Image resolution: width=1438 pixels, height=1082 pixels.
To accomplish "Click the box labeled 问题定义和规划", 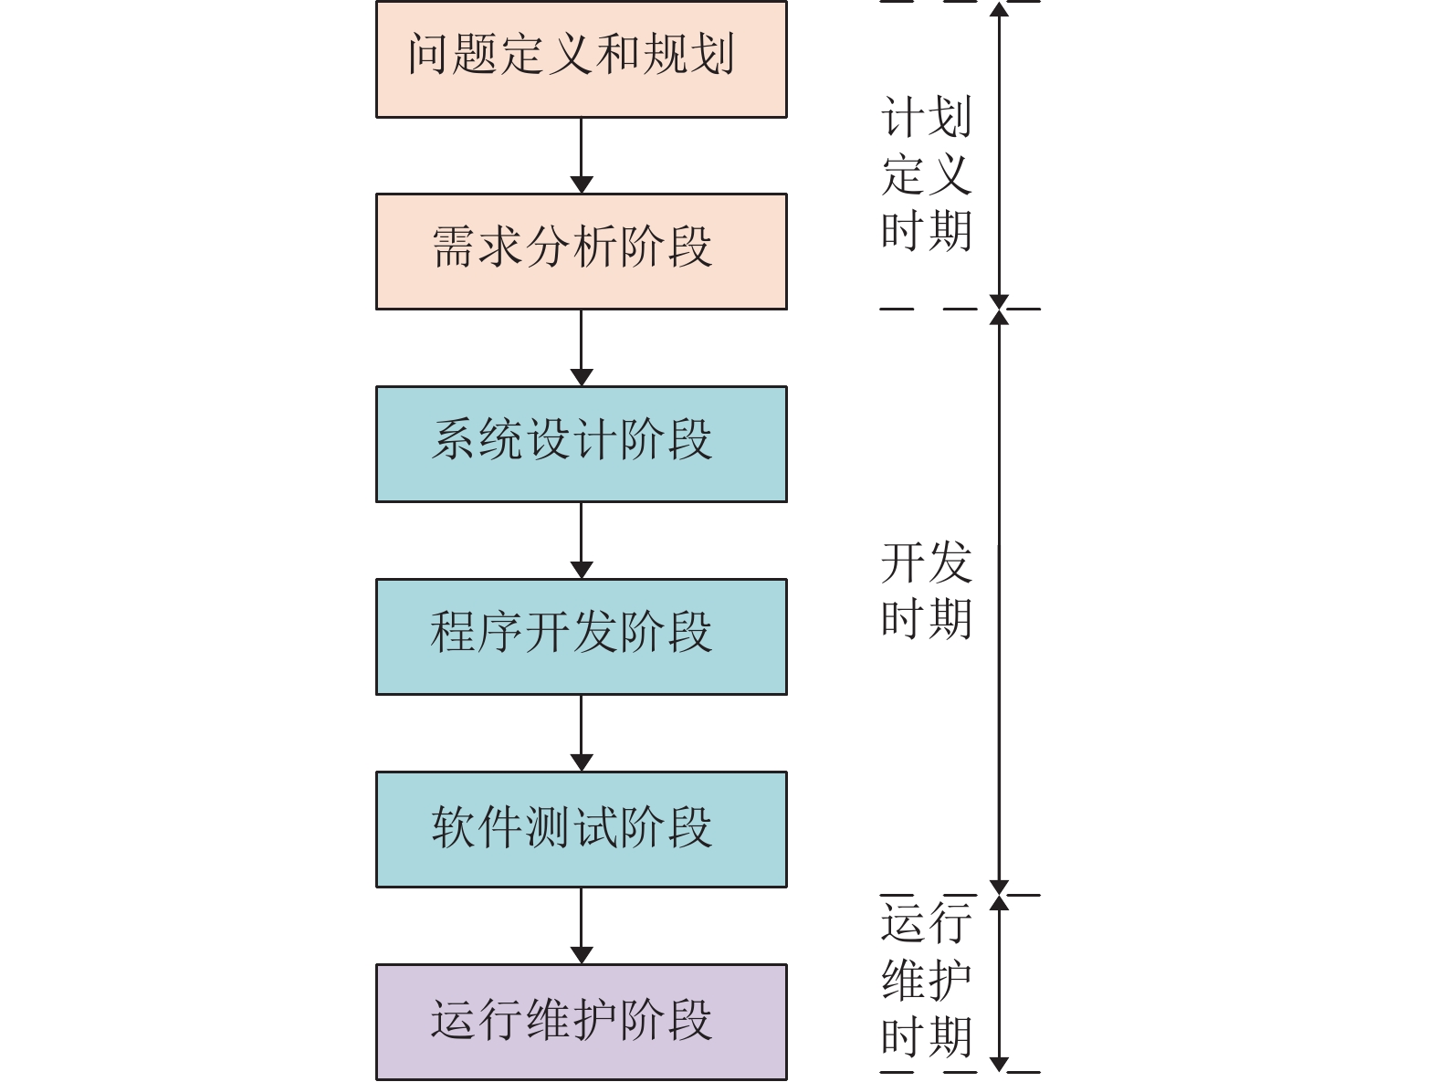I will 581,59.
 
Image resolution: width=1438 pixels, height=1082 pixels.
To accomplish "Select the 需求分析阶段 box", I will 581,251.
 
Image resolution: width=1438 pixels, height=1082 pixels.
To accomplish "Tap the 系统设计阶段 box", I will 581,444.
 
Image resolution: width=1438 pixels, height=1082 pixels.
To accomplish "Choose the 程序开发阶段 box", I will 581,636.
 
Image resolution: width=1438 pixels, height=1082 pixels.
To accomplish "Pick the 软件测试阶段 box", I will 581,829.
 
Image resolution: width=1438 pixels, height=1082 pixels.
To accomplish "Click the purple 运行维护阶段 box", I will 581,1022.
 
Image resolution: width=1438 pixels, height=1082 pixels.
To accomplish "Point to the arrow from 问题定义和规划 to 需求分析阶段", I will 581,155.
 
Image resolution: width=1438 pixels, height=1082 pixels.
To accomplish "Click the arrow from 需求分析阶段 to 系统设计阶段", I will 581,348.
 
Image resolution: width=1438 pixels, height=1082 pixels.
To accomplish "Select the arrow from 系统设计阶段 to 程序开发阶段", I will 581,541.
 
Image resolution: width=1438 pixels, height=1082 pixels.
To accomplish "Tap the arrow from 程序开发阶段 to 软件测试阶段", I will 581,733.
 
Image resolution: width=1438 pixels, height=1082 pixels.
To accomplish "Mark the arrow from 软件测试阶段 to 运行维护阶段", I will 581,926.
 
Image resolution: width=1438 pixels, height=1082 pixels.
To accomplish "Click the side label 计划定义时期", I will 926,173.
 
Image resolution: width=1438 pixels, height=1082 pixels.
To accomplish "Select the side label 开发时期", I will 926,590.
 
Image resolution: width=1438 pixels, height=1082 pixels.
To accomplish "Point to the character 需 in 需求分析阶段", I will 454,247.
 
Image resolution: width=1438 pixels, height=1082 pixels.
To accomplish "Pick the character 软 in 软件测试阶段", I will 454,826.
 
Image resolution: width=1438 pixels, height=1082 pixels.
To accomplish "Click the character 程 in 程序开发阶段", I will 454,632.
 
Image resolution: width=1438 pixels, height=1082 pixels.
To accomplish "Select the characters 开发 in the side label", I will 926,562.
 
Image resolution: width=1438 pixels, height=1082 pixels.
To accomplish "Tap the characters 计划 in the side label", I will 926,117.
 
